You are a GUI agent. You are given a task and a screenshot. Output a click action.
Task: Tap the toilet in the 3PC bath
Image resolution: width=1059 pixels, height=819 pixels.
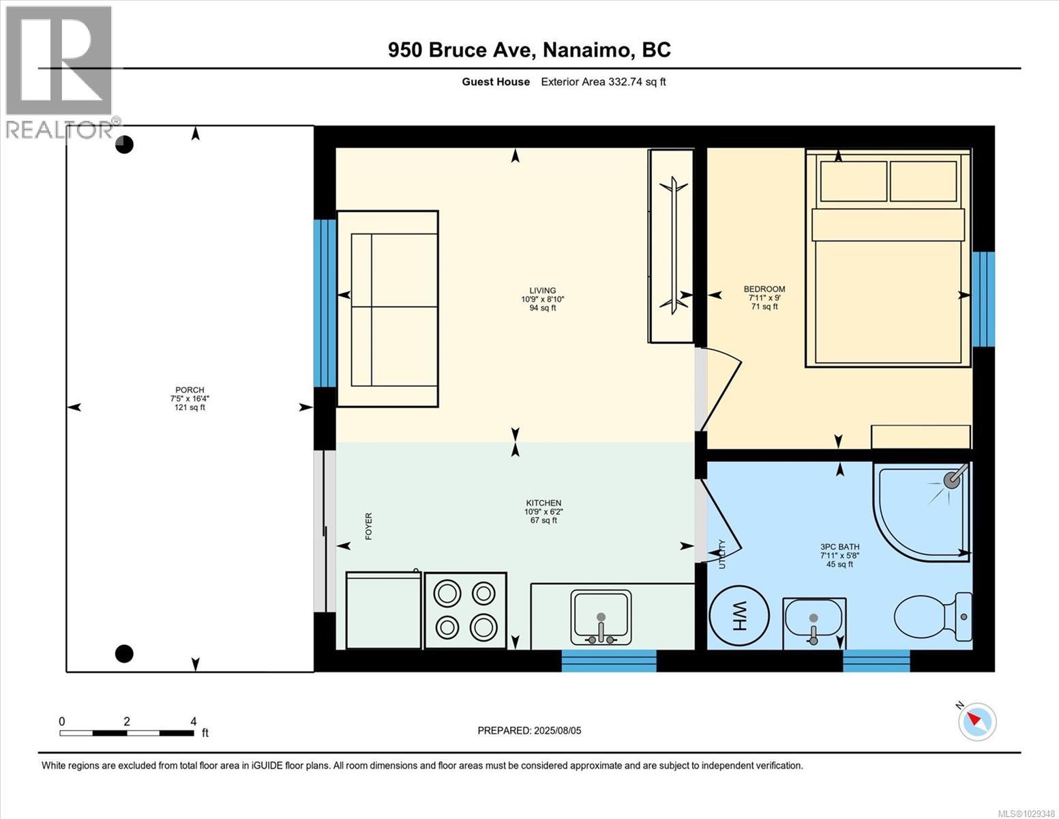click(x=931, y=616)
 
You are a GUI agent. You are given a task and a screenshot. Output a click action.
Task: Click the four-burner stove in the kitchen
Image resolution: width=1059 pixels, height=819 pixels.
click(x=466, y=610)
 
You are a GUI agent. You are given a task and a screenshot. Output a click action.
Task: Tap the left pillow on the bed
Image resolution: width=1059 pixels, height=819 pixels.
click(x=854, y=181)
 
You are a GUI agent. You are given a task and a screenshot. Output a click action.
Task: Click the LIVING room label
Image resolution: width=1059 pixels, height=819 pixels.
click(x=543, y=290)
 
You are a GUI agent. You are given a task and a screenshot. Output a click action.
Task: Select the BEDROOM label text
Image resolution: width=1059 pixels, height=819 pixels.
click(x=764, y=289)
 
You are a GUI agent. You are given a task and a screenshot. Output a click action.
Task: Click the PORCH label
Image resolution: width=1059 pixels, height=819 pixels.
click(x=190, y=390)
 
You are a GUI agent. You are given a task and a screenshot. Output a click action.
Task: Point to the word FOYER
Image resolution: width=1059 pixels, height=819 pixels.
click(x=369, y=526)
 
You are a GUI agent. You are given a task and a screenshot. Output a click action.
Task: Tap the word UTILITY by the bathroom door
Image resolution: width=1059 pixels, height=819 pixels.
click(x=722, y=554)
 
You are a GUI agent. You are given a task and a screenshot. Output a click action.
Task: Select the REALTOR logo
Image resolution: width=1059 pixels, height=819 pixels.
click(x=60, y=72)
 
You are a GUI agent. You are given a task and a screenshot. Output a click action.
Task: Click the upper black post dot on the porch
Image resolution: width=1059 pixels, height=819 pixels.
click(x=124, y=145)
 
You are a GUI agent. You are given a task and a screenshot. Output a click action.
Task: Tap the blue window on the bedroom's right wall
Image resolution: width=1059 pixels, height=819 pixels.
click(x=983, y=299)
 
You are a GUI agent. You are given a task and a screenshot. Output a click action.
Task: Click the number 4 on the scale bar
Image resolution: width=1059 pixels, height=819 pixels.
click(x=194, y=721)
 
